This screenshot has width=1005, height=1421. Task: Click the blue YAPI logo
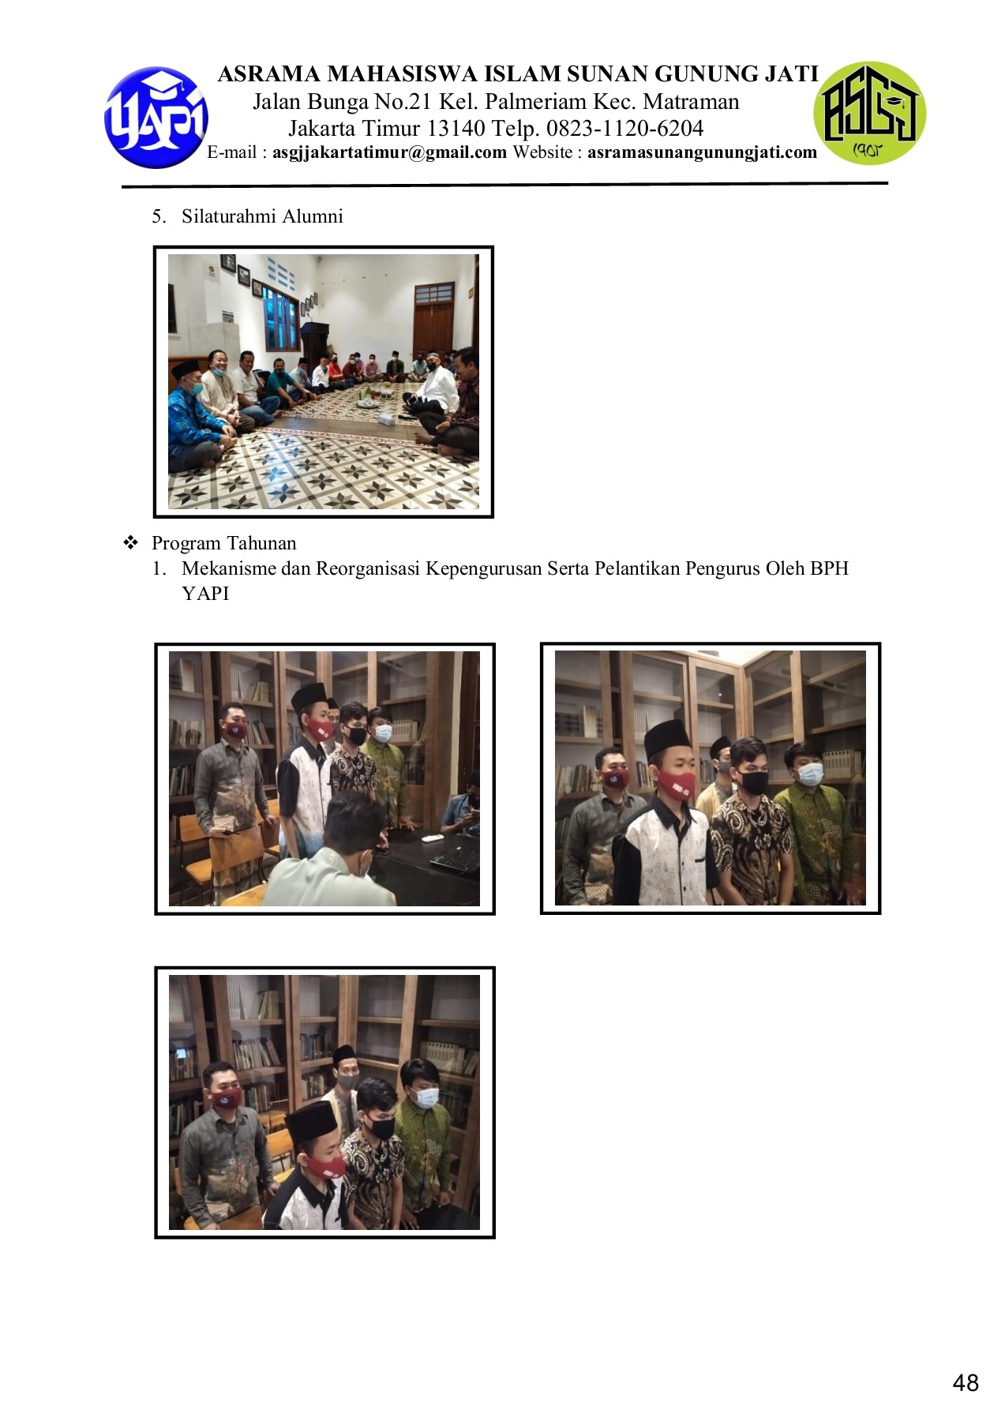click(x=156, y=117)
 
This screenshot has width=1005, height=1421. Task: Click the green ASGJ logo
click(x=869, y=113)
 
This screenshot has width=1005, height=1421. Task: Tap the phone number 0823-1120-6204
click(x=624, y=128)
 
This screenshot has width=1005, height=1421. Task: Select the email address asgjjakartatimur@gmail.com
click(x=389, y=152)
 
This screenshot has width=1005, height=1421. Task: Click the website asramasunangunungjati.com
click(x=702, y=152)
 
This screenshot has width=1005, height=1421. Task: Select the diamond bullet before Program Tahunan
click(x=131, y=542)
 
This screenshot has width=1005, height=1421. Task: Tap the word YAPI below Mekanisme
click(x=205, y=594)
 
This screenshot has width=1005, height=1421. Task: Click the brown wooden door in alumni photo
click(x=433, y=317)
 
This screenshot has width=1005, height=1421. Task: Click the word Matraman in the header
click(x=691, y=102)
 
